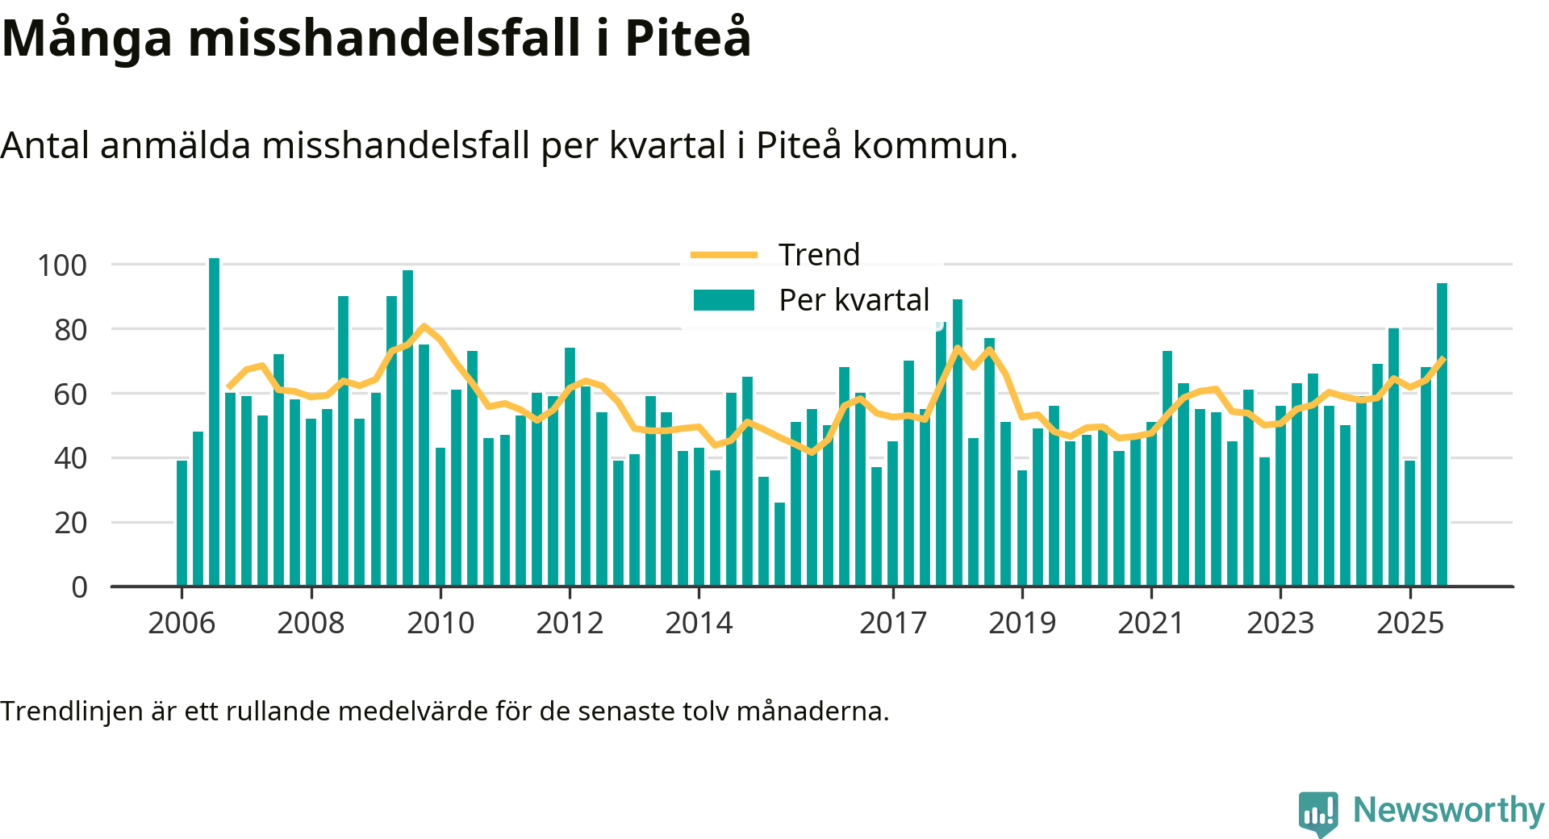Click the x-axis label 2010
click(x=440, y=623)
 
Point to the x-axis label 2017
click(x=893, y=623)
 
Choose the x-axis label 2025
click(x=1409, y=623)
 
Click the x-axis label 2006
click(x=182, y=623)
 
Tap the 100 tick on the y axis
click(x=62, y=265)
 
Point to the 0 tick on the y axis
click(x=79, y=587)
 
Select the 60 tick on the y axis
click(x=70, y=394)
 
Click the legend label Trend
click(x=819, y=255)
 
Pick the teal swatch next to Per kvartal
click(x=724, y=300)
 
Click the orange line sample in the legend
click(x=724, y=255)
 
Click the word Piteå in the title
click(x=687, y=38)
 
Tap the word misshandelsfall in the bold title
click(x=384, y=38)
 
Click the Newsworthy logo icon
click(x=1318, y=813)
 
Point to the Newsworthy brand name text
click(x=1448, y=810)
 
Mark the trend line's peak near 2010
click(x=424, y=326)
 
